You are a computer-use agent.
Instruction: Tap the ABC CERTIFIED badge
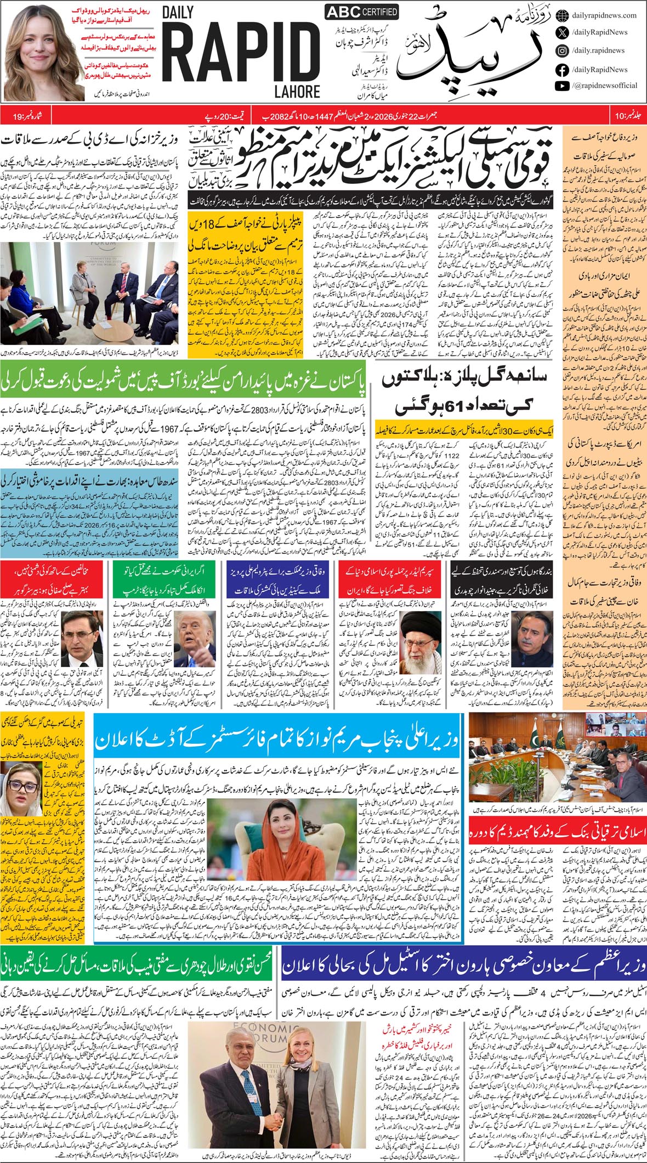click(361, 12)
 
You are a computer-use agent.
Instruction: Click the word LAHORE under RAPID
click(298, 91)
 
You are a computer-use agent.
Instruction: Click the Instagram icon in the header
click(561, 50)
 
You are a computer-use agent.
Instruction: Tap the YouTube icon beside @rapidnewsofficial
click(561, 86)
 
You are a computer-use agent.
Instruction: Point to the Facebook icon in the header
click(561, 70)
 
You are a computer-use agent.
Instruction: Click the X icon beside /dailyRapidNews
click(561, 32)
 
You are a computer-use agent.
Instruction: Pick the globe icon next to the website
click(561, 15)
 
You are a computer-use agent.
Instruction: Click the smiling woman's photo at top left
click(43, 52)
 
